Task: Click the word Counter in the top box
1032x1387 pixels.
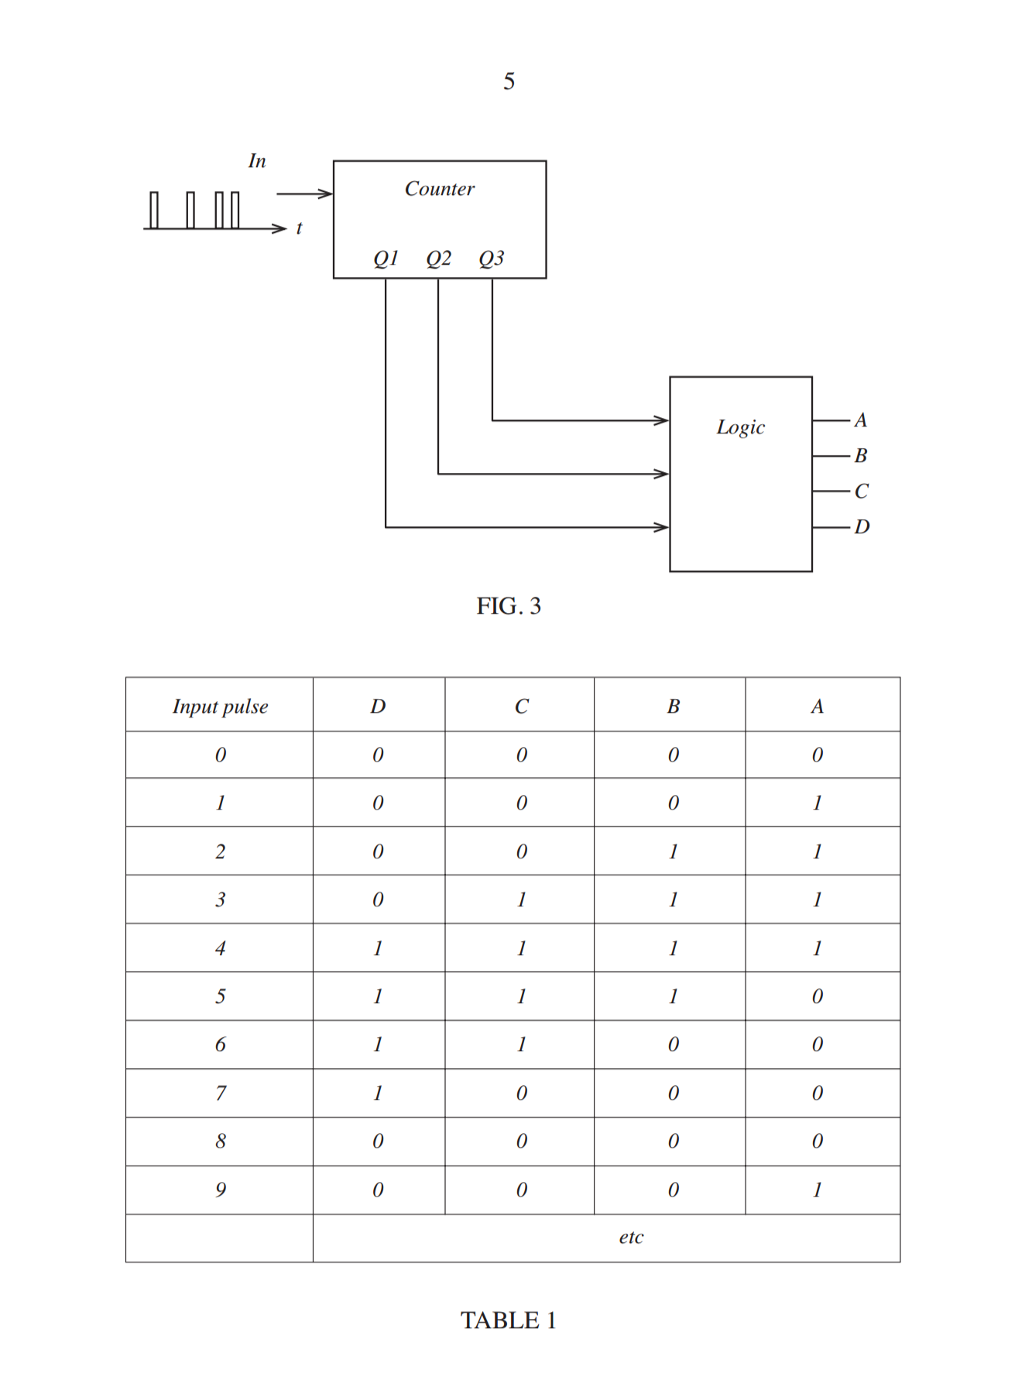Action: tap(440, 189)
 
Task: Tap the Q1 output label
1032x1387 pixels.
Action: tap(386, 259)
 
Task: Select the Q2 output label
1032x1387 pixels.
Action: tap(439, 259)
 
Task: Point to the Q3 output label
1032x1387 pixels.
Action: tap(492, 259)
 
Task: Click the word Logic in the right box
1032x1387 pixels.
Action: tap(741, 427)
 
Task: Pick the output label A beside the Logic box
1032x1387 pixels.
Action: tap(861, 420)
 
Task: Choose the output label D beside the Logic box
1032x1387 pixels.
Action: tap(862, 527)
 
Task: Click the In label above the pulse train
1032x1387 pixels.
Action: tap(257, 161)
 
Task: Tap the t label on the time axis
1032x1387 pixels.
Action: tap(299, 228)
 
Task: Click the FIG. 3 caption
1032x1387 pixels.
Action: tap(509, 606)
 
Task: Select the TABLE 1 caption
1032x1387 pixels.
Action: tap(509, 1320)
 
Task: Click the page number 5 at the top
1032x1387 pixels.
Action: tap(509, 81)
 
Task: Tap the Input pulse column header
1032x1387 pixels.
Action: tap(221, 707)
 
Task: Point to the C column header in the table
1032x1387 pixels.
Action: tap(522, 706)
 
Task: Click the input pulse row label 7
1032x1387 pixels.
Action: tap(221, 1093)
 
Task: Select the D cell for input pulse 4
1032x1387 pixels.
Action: tap(378, 948)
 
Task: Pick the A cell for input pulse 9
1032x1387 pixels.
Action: tap(817, 1190)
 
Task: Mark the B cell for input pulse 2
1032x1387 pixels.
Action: tap(674, 851)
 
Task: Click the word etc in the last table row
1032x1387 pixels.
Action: tap(631, 1238)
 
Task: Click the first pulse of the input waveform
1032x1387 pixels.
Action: tap(154, 210)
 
